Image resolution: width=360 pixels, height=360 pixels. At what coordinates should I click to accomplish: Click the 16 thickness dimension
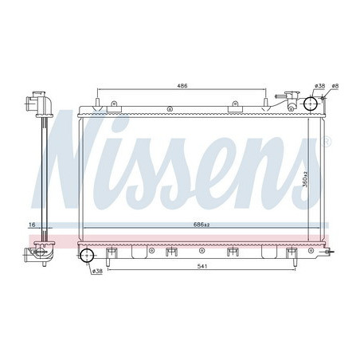[x=32, y=226]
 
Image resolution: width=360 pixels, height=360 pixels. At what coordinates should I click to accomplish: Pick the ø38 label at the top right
[x=320, y=85]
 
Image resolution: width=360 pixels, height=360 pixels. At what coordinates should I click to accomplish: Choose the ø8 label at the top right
[x=335, y=85]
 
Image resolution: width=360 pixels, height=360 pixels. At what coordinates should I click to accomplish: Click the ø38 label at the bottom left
[x=97, y=271]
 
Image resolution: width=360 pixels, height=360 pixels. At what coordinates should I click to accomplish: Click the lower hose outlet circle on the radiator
[x=88, y=256]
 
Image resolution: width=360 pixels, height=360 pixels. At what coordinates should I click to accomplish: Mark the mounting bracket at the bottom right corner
[x=323, y=252]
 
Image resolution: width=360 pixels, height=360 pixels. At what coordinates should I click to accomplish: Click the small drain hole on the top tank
[x=114, y=104]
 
